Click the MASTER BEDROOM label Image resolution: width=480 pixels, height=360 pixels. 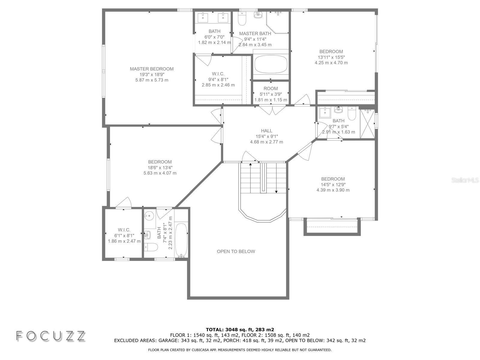tap(151, 69)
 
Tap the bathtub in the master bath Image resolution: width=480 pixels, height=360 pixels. tap(271, 64)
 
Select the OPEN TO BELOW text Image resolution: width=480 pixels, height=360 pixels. tap(236, 251)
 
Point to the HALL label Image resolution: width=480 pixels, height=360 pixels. tap(267, 131)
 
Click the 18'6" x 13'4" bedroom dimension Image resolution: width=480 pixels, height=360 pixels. tap(160, 168)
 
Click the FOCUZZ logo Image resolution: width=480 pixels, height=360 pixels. tap(51, 336)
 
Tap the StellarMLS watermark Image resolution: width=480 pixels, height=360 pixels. tap(465, 180)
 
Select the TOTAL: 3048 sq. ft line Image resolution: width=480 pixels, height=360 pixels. tap(240, 329)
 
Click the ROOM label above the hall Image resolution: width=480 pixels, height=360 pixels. tap(271, 88)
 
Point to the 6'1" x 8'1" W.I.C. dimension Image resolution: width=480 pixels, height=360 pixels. tap(124, 235)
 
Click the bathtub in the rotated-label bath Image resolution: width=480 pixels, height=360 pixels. tap(181, 240)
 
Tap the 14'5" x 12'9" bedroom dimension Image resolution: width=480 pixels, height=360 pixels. tap(333, 184)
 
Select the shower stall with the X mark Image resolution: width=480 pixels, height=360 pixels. tap(367, 124)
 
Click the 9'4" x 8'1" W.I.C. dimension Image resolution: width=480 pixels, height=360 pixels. tap(218, 79)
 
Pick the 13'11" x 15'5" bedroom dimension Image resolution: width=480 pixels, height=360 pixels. tap(331, 57)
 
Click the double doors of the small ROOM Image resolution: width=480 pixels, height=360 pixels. tap(272, 110)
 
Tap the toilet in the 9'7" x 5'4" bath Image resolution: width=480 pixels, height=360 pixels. tap(352, 113)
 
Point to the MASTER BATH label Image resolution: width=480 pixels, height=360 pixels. tap(255, 33)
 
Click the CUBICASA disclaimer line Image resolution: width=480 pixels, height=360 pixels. tap(240, 350)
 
